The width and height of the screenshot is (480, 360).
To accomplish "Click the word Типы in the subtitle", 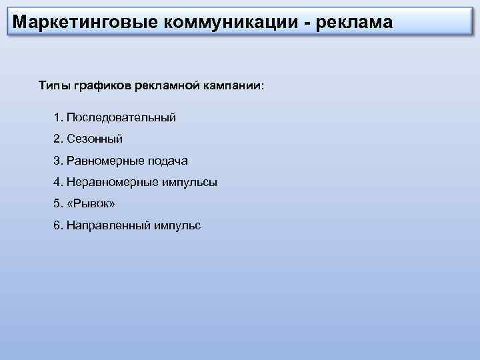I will pyautogui.click(x=51, y=86).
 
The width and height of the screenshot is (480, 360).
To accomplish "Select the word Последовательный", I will pyautogui.click(x=121, y=117).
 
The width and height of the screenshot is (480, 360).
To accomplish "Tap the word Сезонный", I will pyautogui.click(x=95, y=139).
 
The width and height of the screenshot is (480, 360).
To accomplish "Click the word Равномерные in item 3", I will pyautogui.click(x=105, y=161).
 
